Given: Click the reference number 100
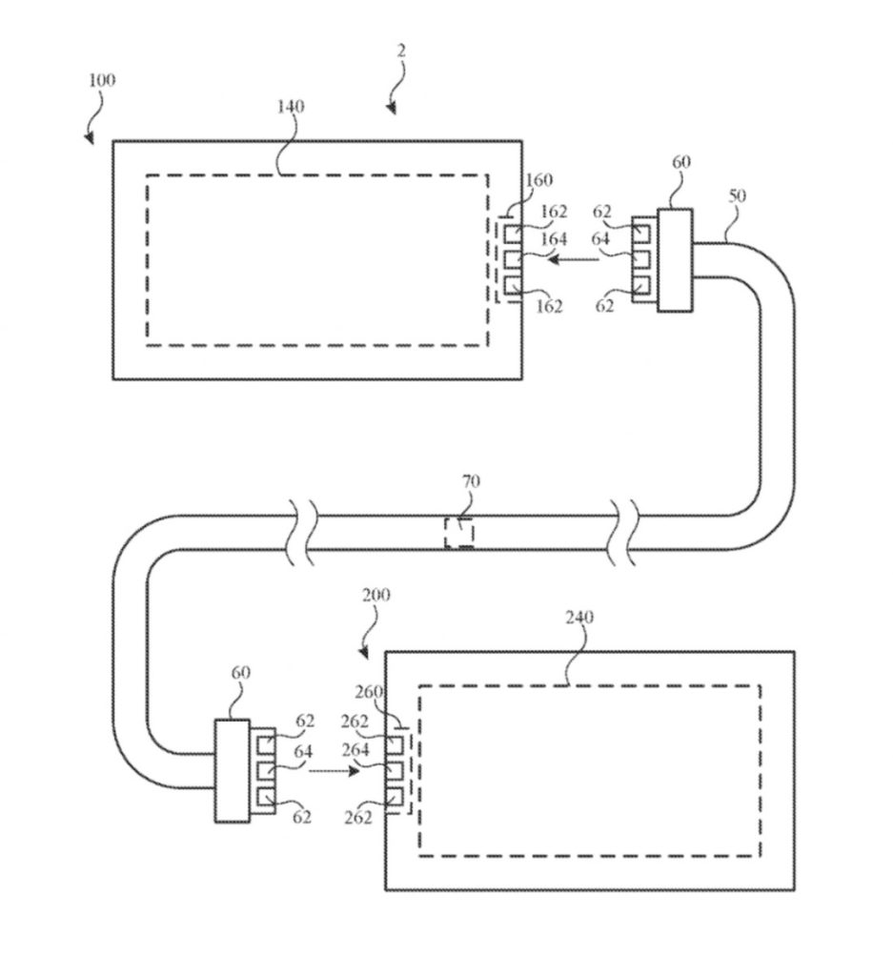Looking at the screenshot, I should [102, 80].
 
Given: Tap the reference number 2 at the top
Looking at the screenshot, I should [401, 51].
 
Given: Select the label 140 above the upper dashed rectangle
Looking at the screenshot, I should [291, 107].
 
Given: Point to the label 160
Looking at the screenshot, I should [538, 180].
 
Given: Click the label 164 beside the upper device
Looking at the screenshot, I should [553, 240].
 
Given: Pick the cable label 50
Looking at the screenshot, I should [738, 195].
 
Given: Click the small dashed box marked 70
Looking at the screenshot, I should [459, 532].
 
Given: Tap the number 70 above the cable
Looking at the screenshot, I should [471, 482].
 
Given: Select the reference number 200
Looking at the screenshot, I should [376, 595].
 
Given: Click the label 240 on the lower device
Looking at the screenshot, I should [578, 618].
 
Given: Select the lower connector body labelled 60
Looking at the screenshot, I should [232, 770].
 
